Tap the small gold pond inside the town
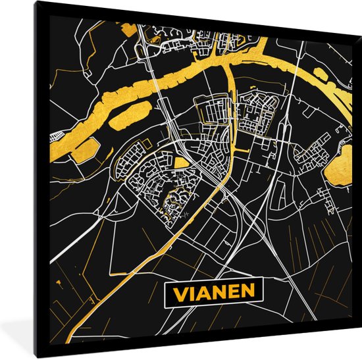pos(180,163)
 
